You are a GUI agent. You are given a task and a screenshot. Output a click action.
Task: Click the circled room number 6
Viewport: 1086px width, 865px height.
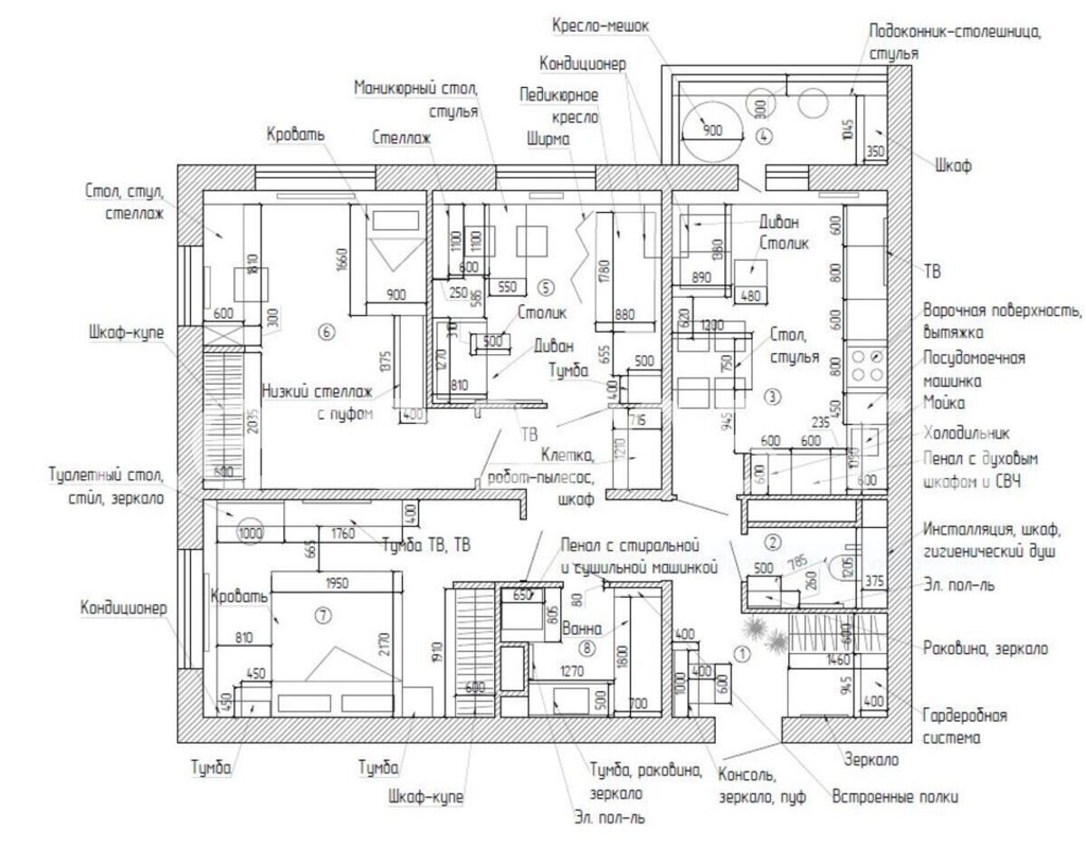point(328,332)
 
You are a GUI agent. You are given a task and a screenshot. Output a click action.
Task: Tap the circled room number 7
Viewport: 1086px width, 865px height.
point(323,616)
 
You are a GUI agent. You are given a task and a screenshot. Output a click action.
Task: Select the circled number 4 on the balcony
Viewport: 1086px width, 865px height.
point(764,138)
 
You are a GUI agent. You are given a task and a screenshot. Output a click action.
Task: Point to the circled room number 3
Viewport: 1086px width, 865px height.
point(771,396)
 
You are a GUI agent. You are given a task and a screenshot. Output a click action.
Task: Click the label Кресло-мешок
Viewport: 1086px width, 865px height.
point(601,26)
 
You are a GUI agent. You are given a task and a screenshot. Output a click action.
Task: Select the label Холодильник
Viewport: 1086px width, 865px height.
point(967,433)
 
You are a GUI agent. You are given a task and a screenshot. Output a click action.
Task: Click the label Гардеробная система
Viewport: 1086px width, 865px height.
point(966,726)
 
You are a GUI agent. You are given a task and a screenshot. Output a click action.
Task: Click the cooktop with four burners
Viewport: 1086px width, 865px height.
point(865,363)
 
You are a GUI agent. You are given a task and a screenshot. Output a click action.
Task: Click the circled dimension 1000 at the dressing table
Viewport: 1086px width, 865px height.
point(251,534)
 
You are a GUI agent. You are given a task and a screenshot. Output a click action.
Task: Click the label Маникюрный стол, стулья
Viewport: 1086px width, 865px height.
point(416,100)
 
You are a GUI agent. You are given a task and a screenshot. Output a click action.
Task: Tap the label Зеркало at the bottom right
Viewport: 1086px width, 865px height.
point(872,760)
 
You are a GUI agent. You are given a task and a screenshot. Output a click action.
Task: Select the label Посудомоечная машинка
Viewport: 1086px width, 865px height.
point(974,370)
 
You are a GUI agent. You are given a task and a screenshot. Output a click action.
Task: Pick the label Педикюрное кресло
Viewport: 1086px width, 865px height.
point(558,105)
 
